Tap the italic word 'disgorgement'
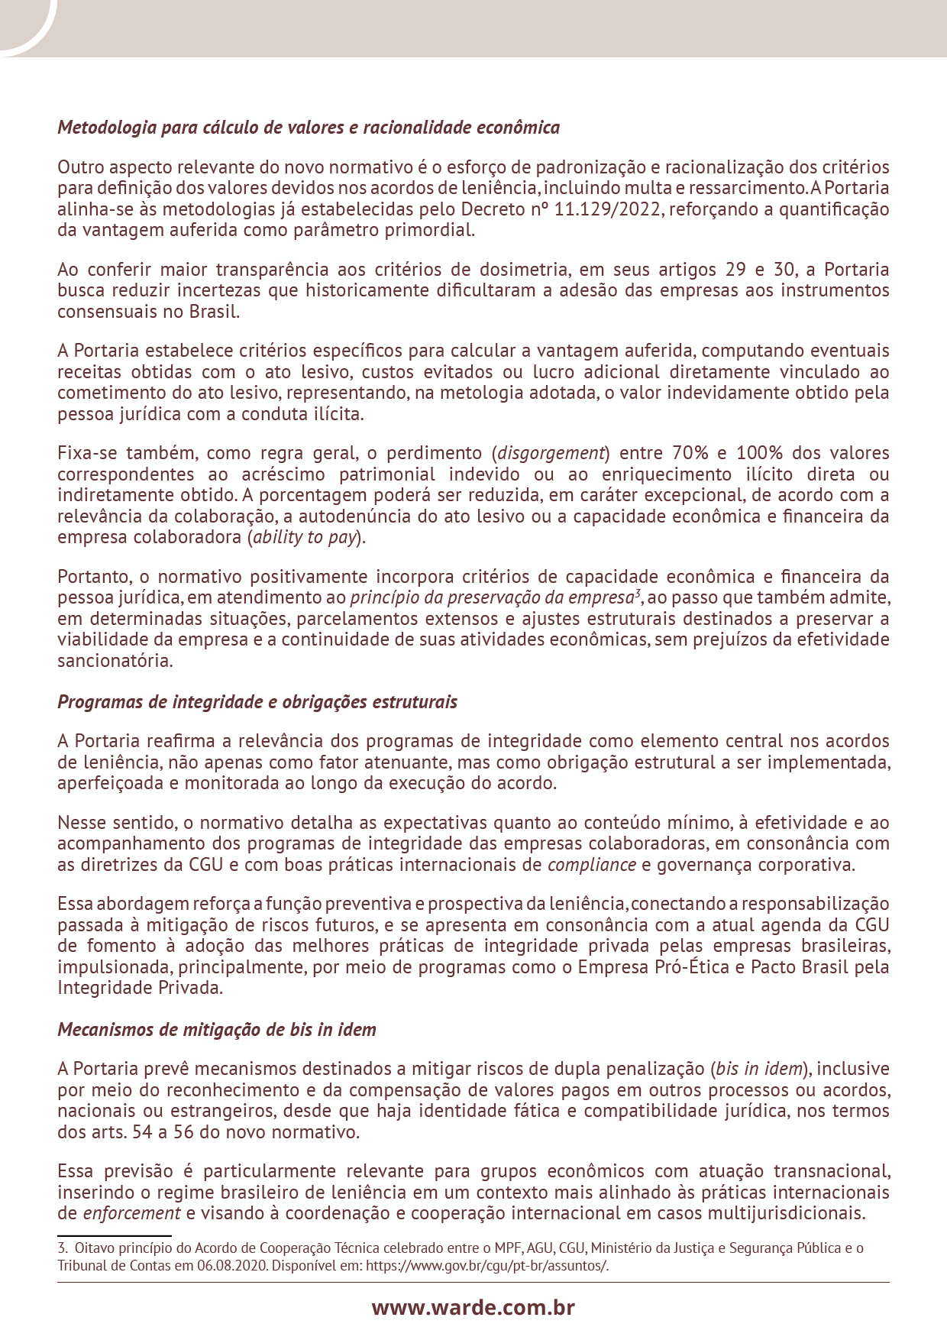551,453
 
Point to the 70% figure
689,453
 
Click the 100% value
758,453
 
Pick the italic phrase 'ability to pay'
305,537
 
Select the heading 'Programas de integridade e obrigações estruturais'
257,702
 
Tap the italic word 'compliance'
592,865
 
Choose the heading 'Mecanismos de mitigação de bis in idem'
217,1030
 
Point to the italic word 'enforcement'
131,1214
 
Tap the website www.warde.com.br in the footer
473,1307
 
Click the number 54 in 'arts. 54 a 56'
142,1132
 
